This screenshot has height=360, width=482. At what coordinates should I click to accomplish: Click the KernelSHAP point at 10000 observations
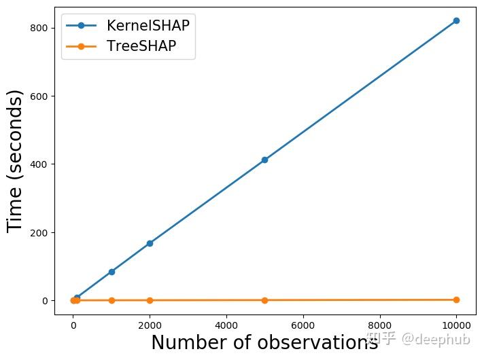[x=456, y=20]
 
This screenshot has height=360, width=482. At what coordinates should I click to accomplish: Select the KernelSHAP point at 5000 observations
[x=264, y=160]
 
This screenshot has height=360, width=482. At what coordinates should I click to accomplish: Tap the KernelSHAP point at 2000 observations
[x=150, y=243]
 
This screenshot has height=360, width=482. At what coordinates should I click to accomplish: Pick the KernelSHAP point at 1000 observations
[x=111, y=272]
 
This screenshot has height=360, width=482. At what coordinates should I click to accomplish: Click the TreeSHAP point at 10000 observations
[x=456, y=300]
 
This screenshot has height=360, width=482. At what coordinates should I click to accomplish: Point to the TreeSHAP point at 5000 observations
[x=264, y=300]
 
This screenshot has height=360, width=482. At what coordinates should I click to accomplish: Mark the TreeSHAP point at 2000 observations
[x=150, y=300]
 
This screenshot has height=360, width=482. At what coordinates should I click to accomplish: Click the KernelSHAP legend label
[x=148, y=26]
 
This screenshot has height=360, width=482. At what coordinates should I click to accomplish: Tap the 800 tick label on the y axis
[x=38, y=28]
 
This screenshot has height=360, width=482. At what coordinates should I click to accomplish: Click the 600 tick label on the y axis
[x=38, y=96]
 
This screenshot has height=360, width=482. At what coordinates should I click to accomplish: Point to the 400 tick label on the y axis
[x=38, y=164]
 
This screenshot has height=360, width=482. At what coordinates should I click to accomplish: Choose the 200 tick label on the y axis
[x=38, y=232]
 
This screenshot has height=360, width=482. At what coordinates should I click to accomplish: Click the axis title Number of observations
[x=264, y=343]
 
